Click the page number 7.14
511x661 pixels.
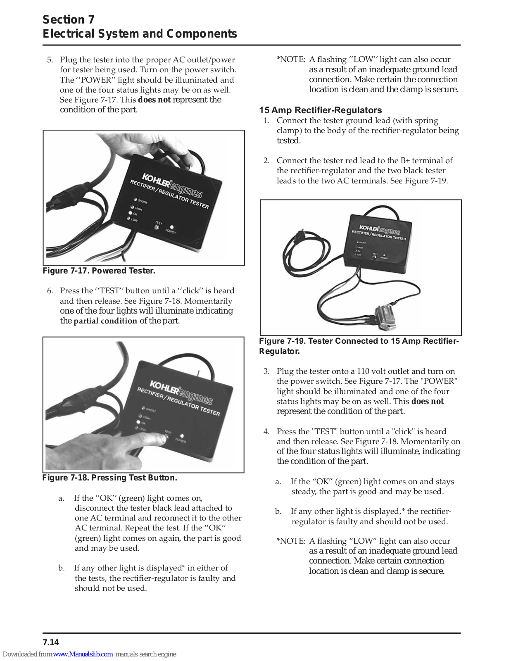51,642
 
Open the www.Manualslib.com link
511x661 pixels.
83,654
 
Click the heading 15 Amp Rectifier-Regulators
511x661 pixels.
320,110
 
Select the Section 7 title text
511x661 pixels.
69,19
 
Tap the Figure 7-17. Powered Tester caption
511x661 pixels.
99,271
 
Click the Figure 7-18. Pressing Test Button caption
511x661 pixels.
109,478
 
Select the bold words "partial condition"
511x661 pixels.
105,321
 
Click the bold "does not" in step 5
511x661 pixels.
154,100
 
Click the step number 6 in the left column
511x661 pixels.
50,291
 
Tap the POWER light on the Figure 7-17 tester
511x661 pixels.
172,227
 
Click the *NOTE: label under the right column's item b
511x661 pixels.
291,541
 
